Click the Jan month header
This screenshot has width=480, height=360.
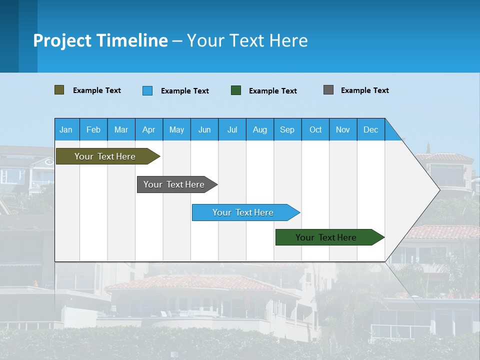coord(66,129)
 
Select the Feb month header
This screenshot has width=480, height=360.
coord(93,129)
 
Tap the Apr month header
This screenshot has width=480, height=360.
coord(148,129)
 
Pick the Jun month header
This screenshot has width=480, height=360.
coord(204,129)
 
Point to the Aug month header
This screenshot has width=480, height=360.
coord(259,129)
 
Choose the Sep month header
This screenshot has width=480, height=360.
coord(287,129)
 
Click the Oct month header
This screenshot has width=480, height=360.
coord(315,129)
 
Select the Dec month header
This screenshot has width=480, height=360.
coord(370,129)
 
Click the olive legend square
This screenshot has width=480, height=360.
coord(59,90)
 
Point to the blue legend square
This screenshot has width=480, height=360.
coord(147,90)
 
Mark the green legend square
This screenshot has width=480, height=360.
coord(236,90)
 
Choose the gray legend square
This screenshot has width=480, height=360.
coord(328,90)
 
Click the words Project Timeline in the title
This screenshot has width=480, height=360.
coord(100,40)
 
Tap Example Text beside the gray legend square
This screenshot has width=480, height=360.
coord(364,90)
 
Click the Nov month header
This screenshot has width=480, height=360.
coord(343,129)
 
